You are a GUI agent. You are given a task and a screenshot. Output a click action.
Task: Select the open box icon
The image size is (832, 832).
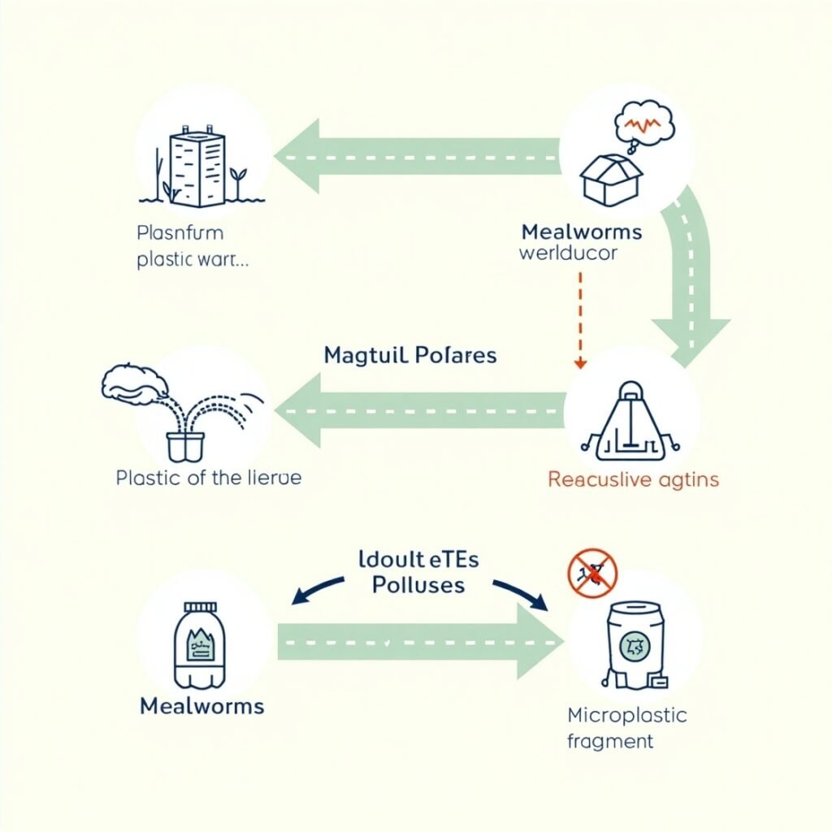pyautogui.click(x=610, y=178)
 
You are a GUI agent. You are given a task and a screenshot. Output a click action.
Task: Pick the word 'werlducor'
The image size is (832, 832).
pyautogui.click(x=569, y=253)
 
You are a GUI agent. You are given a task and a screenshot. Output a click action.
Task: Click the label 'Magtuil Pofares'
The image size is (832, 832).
pyautogui.click(x=410, y=355)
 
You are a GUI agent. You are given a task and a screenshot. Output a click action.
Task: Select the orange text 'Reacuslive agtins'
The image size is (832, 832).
pyautogui.click(x=633, y=479)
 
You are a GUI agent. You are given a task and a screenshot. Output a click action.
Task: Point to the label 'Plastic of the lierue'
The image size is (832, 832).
pyautogui.click(x=209, y=478)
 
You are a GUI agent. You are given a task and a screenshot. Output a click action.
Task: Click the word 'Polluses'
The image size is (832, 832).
pyautogui.click(x=418, y=585)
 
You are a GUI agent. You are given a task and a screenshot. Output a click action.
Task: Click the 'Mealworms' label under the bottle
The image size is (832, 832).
pyautogui.click(x=202, y=705)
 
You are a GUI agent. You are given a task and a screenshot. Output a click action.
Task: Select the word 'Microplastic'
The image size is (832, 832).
pyautogui.click(x=626, y=716)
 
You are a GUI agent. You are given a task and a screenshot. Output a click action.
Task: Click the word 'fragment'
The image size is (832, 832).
pyautogui.click(x=611, y=741)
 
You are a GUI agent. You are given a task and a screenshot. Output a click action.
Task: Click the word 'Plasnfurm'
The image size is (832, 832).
pyautogui.click(x=180, y=233)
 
